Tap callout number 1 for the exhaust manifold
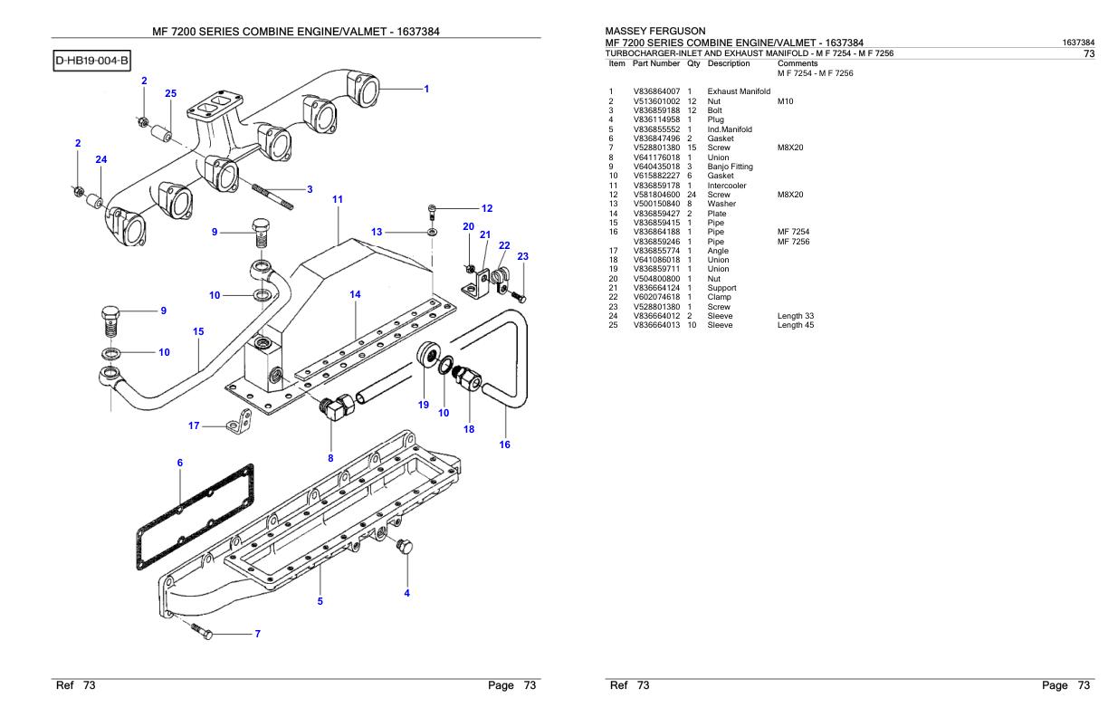point(426,89)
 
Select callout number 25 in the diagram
point(171,93)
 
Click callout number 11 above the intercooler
point(338,198)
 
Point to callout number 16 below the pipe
point(505,445)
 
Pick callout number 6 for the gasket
point(179,463)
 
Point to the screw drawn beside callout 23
point(519,296)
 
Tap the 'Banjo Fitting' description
point(730,167)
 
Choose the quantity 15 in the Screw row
point(692,148)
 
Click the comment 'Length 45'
point(796,324)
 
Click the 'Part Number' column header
point(656,63)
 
